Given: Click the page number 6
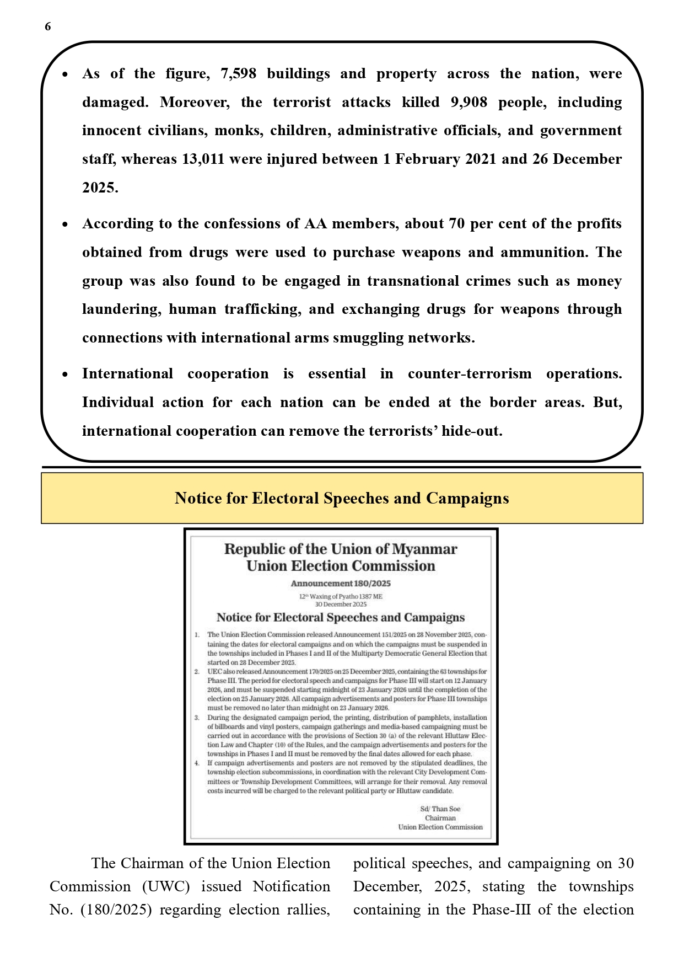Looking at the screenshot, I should pos(48,26).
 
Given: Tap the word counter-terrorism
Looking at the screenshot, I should pos(470,374).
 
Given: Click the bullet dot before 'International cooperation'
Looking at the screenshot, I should pos(65,375).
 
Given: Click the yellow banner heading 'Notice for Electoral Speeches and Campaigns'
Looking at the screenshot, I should pos(342,498).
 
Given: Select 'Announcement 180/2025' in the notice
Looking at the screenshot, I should pos(341,584).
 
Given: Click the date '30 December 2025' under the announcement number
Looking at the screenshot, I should pos(341,605).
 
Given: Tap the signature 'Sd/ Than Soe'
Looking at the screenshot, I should pos(440,809).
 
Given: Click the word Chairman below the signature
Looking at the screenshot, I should pos(440,818).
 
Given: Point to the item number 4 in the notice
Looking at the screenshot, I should pos(197,763).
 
